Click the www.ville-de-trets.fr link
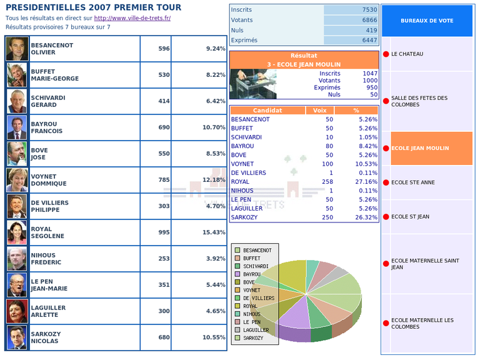click(132, 18)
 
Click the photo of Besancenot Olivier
click(17, 49)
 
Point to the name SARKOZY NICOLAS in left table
click(47, 337)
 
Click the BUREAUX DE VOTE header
click(427, 21)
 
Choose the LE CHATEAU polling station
click(407, 54)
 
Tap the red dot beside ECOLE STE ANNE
click(386, 183)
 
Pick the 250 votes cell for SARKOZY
click(325, 217)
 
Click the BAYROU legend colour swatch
click(237, 274)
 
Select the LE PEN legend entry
click(252, 322)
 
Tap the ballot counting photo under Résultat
click(253, 84)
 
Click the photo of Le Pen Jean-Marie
click(17, 285)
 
